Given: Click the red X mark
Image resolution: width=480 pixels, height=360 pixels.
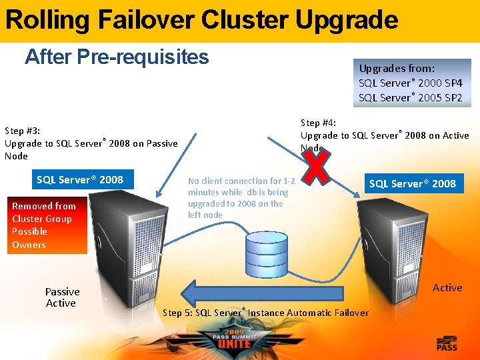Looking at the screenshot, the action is pos(317,165).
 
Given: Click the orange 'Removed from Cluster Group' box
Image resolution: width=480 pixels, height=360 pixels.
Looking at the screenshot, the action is pos(47,225).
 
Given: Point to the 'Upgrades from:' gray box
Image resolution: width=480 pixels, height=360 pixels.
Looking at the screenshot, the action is pos(412,83).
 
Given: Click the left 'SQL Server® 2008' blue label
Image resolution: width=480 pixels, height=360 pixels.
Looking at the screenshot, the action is pos(80,179).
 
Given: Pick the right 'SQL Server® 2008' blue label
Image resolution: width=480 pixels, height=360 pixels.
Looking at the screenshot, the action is pos(413,183).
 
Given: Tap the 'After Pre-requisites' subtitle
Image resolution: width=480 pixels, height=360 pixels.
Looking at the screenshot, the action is pos(117,57).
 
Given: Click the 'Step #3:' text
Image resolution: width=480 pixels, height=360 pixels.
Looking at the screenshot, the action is pos(23,131).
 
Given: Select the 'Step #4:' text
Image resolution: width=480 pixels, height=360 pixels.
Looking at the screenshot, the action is pos(318,123).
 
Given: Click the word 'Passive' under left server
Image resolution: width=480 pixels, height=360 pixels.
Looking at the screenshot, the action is pos(62,291).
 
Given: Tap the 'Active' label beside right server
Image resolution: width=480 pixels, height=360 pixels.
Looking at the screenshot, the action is pos(447,288).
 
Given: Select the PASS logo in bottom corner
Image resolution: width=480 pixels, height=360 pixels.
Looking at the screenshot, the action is pos(447,344).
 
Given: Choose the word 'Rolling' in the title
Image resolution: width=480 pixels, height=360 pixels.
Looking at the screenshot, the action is pos(47,20).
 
